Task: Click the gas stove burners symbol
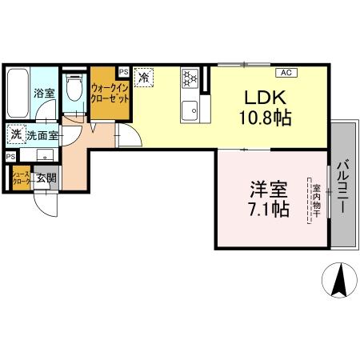point(190,78)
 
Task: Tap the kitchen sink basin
point(190,110)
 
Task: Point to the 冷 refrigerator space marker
point(144,78)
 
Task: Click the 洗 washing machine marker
point(16,135)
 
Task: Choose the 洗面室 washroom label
point(41,136)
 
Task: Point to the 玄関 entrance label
point(45,178)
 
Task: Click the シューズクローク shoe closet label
point(20,178)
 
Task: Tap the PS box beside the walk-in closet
point(122,70)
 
